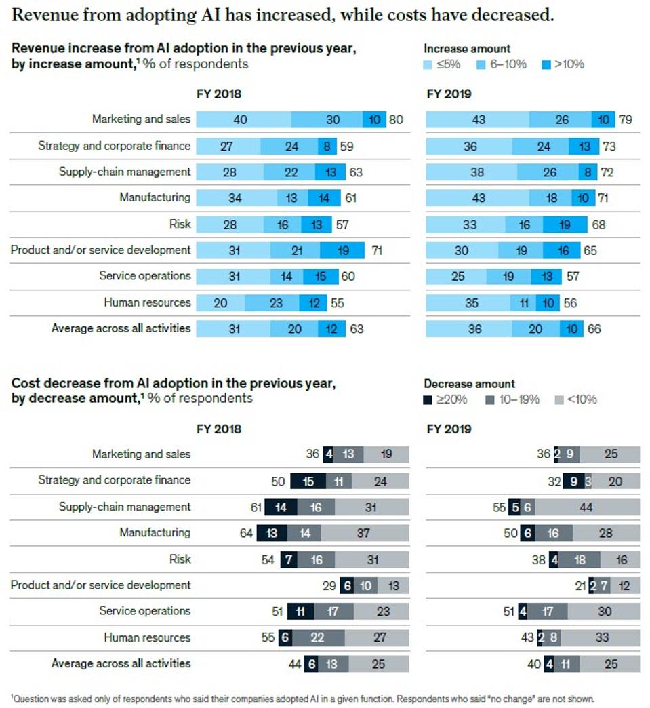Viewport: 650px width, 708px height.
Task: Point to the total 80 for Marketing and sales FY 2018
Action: [396, 120]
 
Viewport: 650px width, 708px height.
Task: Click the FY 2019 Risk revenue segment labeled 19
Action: [565, 224]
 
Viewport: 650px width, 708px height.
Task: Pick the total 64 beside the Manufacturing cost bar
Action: [246, 533]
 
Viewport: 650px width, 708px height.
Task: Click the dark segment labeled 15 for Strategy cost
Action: [308, 481]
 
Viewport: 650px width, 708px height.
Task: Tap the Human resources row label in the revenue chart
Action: [147, 302]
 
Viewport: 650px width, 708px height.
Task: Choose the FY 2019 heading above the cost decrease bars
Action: [449, 429]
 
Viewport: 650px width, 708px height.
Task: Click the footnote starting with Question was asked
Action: [302, 698]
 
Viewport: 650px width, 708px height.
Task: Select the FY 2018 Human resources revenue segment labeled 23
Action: [276, 303]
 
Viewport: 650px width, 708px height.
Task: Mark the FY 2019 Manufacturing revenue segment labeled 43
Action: [478, 198]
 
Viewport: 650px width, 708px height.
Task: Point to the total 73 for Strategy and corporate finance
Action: [608, 146]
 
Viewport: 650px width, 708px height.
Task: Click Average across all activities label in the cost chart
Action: [121, 663]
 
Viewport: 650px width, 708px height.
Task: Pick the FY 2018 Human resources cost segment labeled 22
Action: [317, 638]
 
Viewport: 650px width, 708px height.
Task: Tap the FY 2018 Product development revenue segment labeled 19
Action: [342, 251]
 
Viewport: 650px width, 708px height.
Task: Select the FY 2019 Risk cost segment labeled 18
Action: [580, 559]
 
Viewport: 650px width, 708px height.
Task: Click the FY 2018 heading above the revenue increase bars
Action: [218, 94]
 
